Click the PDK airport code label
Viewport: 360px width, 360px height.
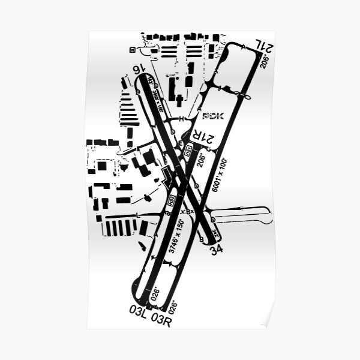click(x=213, y=116)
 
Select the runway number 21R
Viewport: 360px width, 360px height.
click(x=202, y=139)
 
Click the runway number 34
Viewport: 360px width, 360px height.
click(x=216, y=249)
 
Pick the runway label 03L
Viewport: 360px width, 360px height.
click(x=137, y=310)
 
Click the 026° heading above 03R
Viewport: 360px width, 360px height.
click(x=173, y=307)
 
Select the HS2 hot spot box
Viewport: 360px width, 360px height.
click(x=171, y=202)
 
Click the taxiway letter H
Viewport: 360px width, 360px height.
click(x=181, y=118)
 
